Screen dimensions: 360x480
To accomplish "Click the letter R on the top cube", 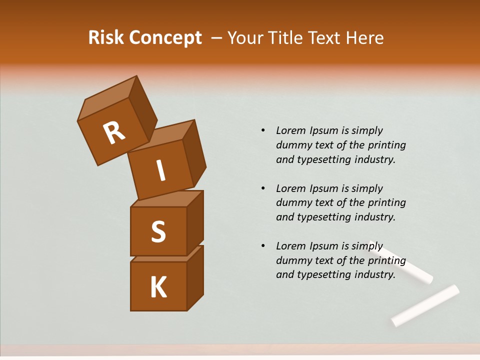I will tap(114, 133).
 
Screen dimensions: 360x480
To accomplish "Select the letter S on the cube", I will tap(158, 231).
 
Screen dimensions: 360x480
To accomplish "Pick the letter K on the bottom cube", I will tap(158, 287).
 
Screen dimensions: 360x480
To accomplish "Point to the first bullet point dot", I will tap(263, 130).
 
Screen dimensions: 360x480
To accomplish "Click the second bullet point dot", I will tap(263, 188).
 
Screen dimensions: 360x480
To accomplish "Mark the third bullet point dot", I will tap(263, 246).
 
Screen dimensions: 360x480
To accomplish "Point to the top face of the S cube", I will tap(167, 199).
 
